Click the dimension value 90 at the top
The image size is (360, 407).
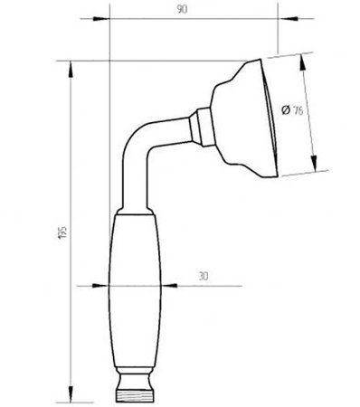pyautogui.click(x=182, y=9)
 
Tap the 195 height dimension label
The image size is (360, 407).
pyautogui.click(x=62, y=232)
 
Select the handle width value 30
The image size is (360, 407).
pyautogui.click(x=204, y=276)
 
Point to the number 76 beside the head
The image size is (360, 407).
pyautogui.click(x=298, y=110)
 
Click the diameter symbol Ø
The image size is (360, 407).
pyautogui.click(x=286, y=109)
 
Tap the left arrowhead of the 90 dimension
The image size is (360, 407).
pyautogui.click(x=101, y=19)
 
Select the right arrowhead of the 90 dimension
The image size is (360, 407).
pyautogui.click(x=289, y=19)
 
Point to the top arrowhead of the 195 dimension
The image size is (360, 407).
pyautogui.click(x=71, y=70)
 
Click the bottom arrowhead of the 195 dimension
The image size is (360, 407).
pyautogui.click(x=71, y=393)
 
